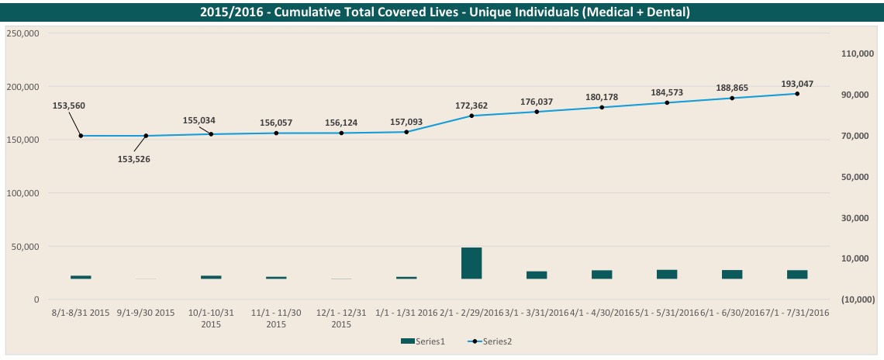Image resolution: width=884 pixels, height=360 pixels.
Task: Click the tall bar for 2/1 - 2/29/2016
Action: [x=471, y=263]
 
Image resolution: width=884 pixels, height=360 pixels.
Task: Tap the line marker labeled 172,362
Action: [x=471, y=116]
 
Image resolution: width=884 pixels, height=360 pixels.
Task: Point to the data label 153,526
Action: [x=133, y=159]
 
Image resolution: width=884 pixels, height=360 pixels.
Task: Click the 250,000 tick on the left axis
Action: [x=23, y=33]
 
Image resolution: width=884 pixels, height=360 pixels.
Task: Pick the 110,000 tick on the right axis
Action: [x=858, y=54]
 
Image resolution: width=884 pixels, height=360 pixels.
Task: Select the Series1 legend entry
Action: [x=420, y=341]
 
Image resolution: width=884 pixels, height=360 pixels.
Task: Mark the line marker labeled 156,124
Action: [x=341, y=133]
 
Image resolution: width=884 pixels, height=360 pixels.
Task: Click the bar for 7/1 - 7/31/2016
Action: [x=797, y=274]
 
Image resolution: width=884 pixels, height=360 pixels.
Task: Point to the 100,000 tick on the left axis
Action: [x=23, y=193]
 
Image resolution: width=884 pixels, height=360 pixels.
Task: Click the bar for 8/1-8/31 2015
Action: [x=81, y=277]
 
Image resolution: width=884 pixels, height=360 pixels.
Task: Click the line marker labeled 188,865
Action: [x=732, y=98]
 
